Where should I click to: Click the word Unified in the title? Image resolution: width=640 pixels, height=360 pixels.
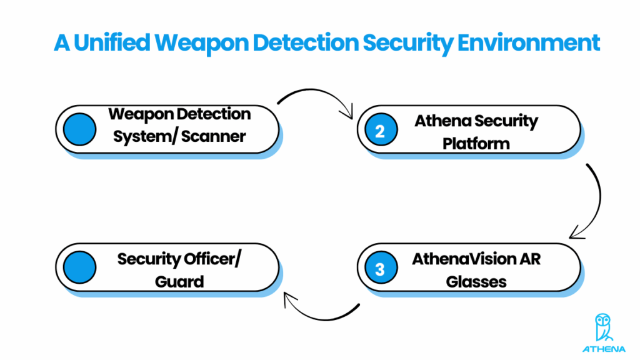point(115,43)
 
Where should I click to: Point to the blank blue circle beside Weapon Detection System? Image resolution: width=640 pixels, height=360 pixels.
point(79,129)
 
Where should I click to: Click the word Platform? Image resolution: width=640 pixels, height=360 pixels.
point(476,143)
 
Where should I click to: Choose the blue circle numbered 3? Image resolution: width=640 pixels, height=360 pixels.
point(380,268)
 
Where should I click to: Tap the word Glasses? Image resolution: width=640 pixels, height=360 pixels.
point(476,282)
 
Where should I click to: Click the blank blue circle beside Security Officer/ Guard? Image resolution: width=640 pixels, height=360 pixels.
point(79,267)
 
